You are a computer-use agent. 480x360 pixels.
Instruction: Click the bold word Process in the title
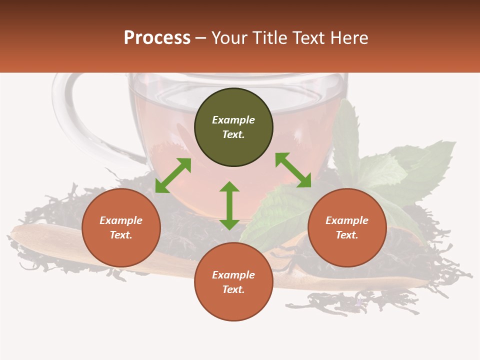pyautogui.click(x=157, y=38)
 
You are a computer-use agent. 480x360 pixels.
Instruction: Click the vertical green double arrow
pyautogui.click(x=229, y=206)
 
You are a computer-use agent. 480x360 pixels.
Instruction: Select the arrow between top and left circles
pyautogui.click(x=173, y=175)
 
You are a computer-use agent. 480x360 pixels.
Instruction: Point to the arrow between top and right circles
pyautogui.click(x=293, y=170)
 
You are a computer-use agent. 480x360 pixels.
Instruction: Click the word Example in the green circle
pyautogui.click(x=233, y=120)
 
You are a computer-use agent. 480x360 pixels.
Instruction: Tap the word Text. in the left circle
pyautogui.click(x=121, y=235)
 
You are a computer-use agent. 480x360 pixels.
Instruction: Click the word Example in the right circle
pyautogui.click(x=347, y=220)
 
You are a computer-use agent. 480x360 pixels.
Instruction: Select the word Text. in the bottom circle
pyautogui.click(x=233, y=289)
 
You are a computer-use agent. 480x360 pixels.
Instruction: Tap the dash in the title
pyautogui.click(x=200, y=38)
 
